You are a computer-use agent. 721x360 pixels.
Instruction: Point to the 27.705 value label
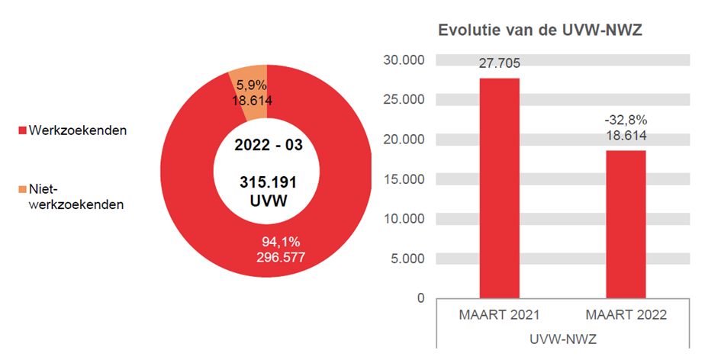point(499,63)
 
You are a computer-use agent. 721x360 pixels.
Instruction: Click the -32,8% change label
point(626,120)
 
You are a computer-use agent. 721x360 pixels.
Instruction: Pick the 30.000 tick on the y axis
point(405,60)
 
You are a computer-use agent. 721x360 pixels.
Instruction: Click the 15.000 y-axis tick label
point(405,179)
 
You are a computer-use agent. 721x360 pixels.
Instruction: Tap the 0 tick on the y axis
point(420,298)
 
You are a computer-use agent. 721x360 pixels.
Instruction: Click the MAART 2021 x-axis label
point(499,315)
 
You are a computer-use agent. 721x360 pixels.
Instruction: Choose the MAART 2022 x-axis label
point(626,315)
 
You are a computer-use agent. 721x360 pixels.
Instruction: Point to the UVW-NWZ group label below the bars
point(562,336)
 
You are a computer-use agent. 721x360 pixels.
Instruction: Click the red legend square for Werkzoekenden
point(23,130)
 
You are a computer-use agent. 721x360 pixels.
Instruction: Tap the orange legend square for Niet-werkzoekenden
point(23,188)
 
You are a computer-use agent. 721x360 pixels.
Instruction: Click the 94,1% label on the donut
point(281,242)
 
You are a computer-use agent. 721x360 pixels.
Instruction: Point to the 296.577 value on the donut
point(281,257)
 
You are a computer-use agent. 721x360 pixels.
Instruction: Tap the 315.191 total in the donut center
point(267,184)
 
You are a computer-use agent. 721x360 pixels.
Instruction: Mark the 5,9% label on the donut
point(251,85)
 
